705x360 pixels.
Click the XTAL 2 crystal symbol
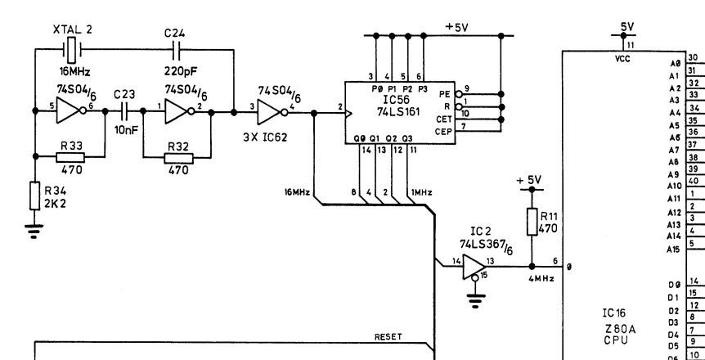point(71,50)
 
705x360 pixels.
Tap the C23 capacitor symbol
point(124,111)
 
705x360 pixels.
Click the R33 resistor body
point(70,157)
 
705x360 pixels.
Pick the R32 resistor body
point(178,158)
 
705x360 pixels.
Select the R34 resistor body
point(35,196)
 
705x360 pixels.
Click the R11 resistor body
point(532,222)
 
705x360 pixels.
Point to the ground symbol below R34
point(34,231)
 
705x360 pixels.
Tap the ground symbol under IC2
point(475,300)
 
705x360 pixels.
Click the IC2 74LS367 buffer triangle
point(474,267)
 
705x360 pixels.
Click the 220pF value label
point(180,71)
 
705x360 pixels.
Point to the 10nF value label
point(125,131)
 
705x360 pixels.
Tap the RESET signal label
point(388,336)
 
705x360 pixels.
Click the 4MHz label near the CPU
point(541,278)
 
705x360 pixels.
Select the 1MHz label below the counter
point(421,192)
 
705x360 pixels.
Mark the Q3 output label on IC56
point(407,138)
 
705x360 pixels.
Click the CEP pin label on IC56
point(442,132)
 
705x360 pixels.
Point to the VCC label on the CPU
point(622,59)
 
